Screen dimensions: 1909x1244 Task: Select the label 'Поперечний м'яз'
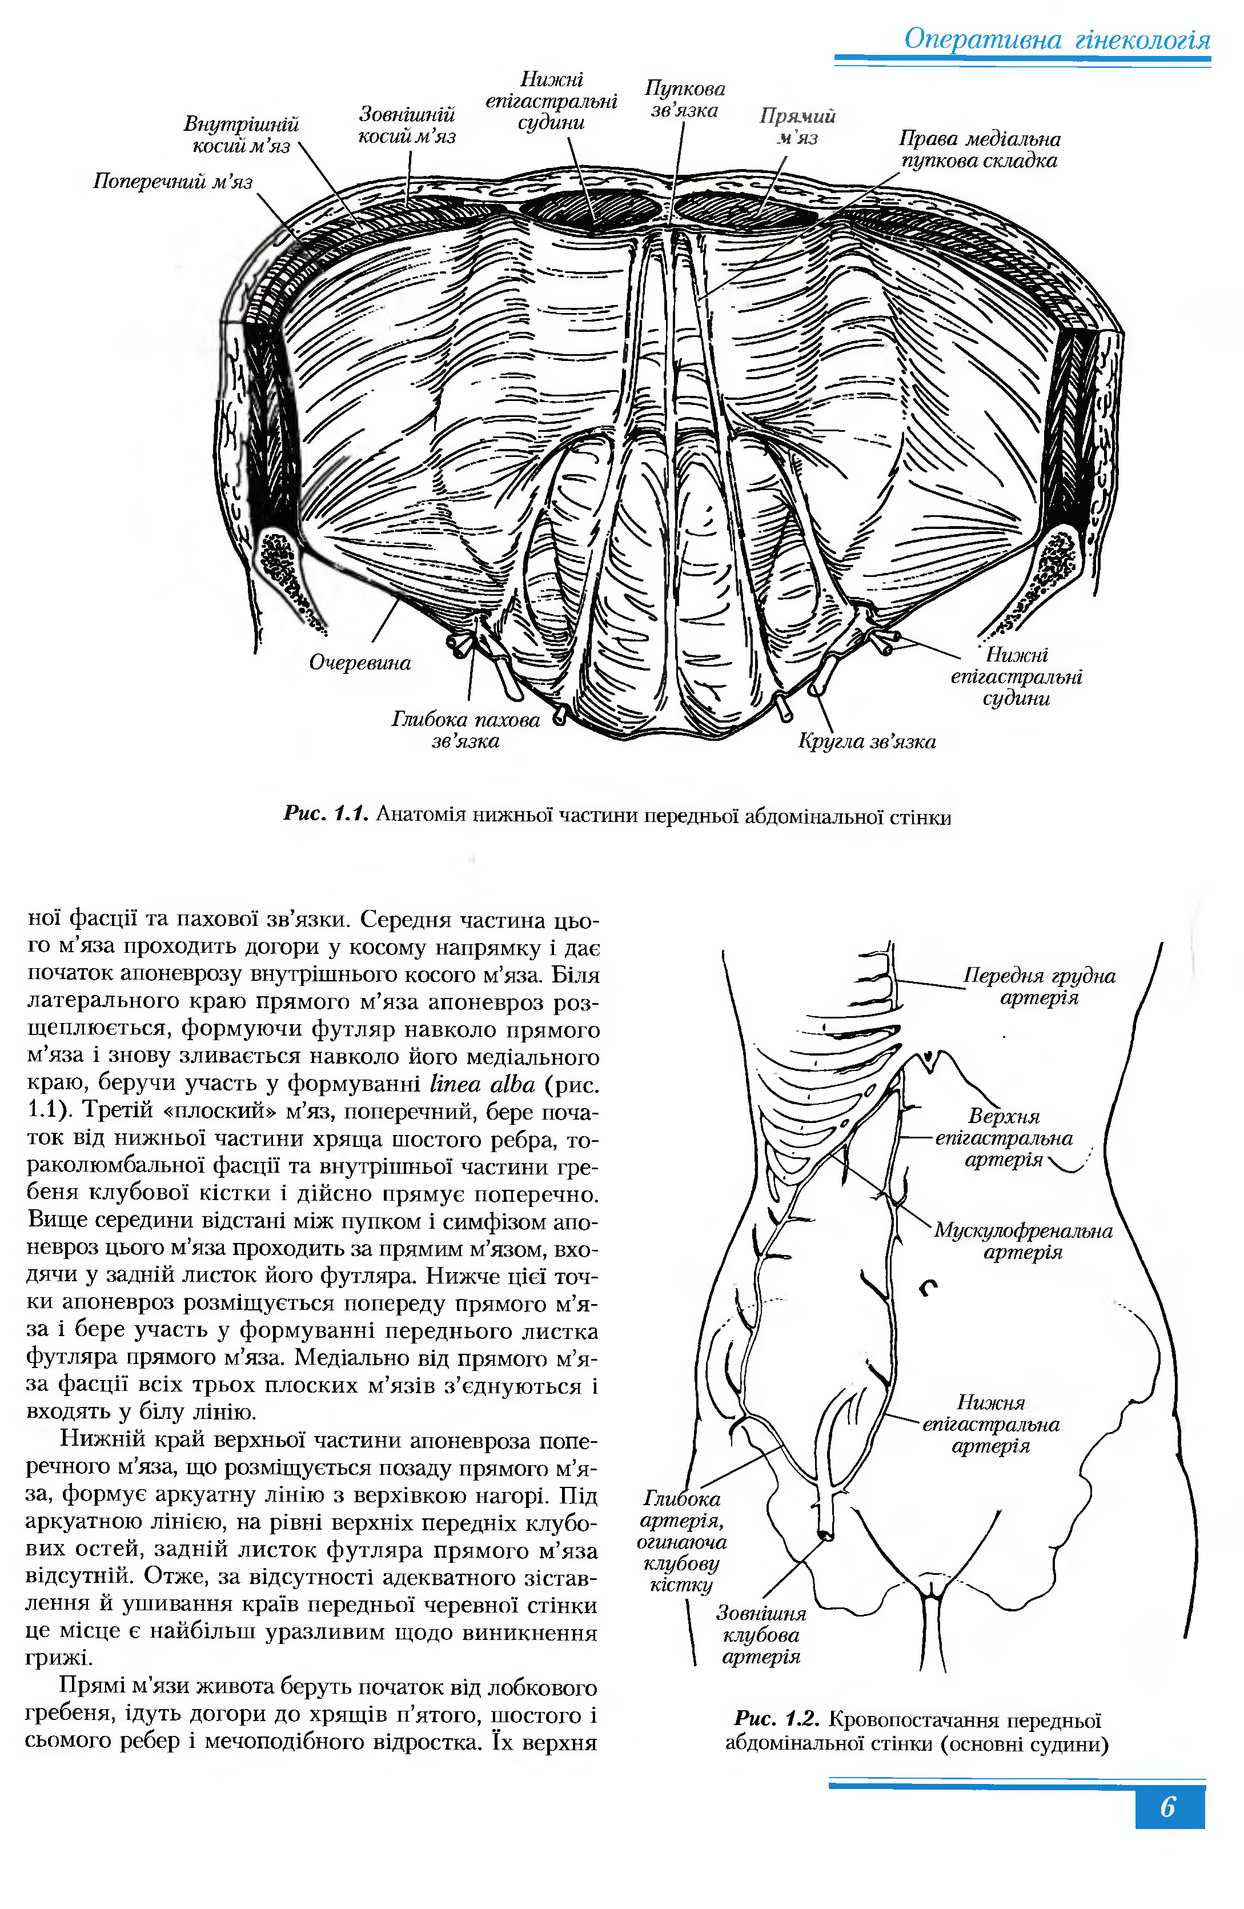click(172, 181)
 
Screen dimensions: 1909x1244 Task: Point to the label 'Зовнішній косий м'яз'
click(407, 125)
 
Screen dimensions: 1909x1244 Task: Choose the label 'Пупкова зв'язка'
click(684, 99)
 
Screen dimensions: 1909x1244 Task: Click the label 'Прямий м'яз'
click(797, 127)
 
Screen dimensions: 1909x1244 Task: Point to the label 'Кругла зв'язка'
click(866, 741)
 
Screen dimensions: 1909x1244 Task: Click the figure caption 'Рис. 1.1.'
click(325, 815)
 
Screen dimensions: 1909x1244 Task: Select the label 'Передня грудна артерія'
click(1039, 986)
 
